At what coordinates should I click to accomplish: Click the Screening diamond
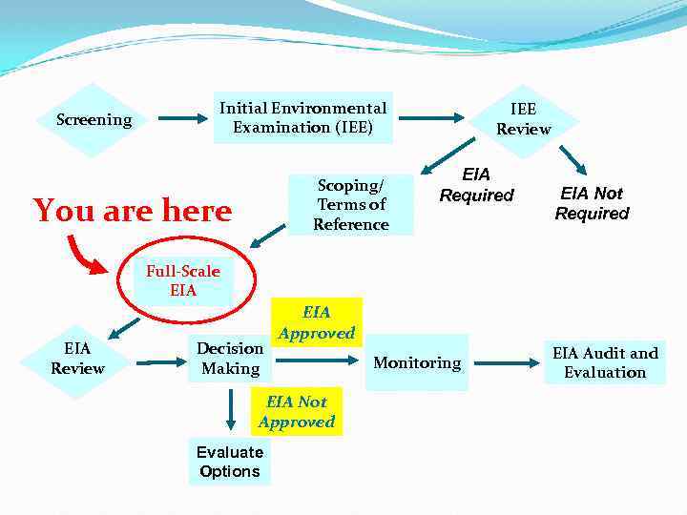pos(94,120)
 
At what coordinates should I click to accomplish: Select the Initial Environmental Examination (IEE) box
pos(302,118)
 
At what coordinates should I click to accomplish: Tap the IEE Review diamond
pos(523,119)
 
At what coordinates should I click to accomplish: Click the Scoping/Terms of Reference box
pos(351,204)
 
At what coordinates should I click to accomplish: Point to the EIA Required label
pos(476,185)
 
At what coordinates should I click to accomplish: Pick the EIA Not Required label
pos(592,203)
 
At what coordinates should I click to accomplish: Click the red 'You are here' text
pos(133,210)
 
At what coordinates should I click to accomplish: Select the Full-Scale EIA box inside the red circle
pos(182,280)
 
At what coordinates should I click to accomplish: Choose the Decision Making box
pos(230,359)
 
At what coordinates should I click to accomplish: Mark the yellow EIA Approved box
pos(316,322)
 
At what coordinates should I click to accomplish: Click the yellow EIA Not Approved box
pos(296,412)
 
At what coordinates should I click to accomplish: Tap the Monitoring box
pos(417,362)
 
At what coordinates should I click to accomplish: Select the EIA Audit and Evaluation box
pos(605,362)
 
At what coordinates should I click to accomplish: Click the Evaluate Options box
pos(229,462)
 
